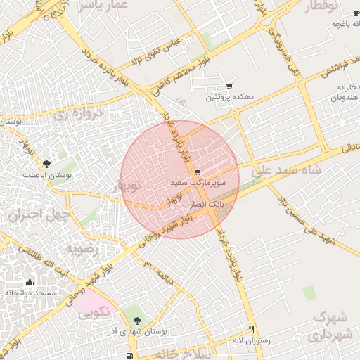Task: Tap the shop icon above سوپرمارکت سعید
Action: pyautogui.click(x=198, y=172)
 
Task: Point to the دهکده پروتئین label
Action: pyautogui.click(x=229, y=96)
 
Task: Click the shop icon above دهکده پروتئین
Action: pyautogui.click(x=229, y=86)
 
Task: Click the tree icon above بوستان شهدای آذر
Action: pyautogui.click(x=137, y=321)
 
